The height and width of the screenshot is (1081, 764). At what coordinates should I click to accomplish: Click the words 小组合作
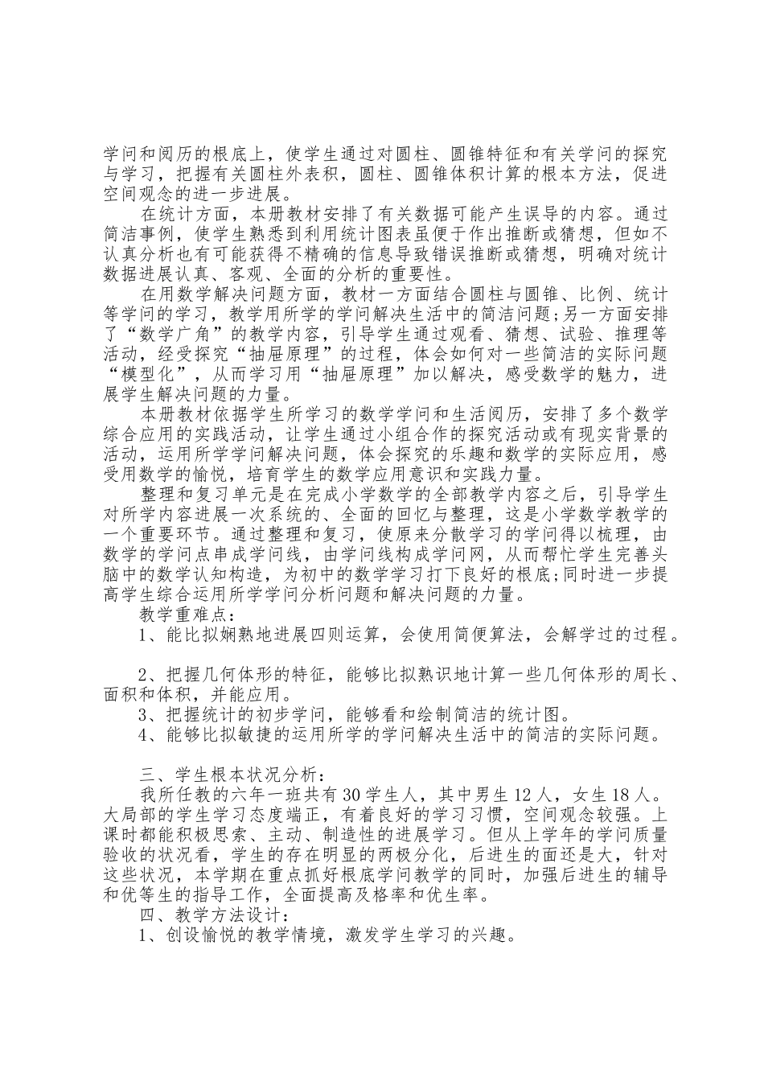coord(375,434)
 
